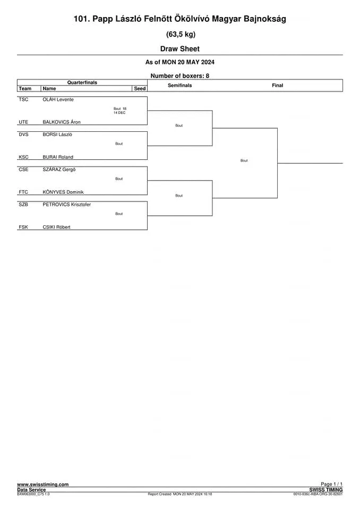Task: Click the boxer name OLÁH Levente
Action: (x=58, y=99)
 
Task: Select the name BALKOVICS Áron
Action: (x=62, y=122)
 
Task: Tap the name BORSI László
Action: (x=57, y=134)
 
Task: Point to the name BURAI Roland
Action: (x=58, y=157)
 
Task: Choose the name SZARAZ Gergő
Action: (x=59, y=169)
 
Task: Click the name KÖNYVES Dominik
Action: (x=63, y=192)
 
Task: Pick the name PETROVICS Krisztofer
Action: (x=67, y=205)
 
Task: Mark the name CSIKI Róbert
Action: (x=57, y=227)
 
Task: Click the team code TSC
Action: (x=23, y=99)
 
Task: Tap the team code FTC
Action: (x=23, y=192)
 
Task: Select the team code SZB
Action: (x=23, y=205)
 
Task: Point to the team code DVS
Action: (x=23, y=134)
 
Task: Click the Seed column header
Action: (x=140, y=89)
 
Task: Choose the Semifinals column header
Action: (x=180, y=85)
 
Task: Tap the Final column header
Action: (x=277, y=85)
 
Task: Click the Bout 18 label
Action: (x=120, y=108)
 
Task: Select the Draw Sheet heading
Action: (x=180, y=49)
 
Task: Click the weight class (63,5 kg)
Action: (x=181, y=34)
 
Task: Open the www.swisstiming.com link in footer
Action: (x=43, y=484)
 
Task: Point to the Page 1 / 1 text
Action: (x=332, y=484)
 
